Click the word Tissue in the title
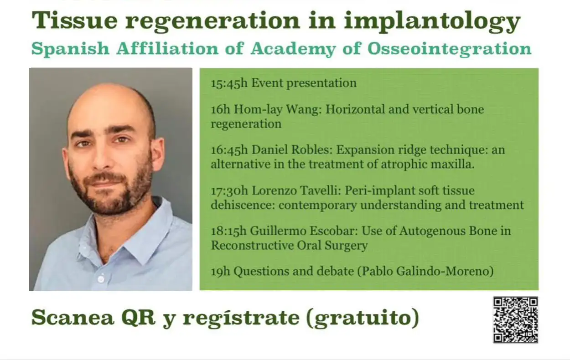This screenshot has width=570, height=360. coord(74,21)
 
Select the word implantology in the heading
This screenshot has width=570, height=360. coord(432,22)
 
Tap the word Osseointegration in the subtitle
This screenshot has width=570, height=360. coord(450,49)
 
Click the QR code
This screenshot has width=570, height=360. coord(516,320)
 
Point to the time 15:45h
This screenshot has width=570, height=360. coord(229,83)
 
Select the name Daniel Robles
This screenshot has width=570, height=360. coord(292,149)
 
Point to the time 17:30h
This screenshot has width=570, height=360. coord(229,191)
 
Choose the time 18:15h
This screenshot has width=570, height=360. coord(228,231)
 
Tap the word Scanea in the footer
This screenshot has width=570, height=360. coord(73,318)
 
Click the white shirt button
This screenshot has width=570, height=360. coord(101,279)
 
